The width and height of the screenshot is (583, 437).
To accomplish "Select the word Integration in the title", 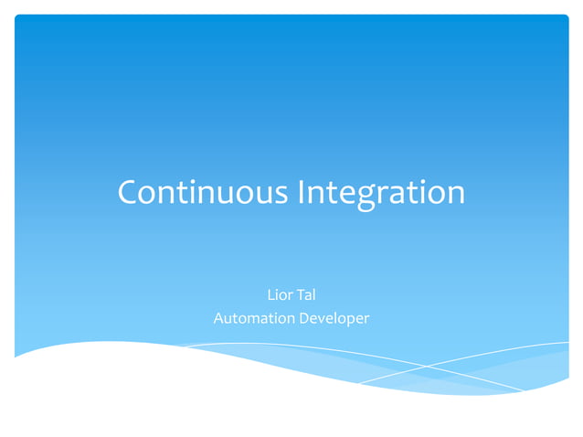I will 381,193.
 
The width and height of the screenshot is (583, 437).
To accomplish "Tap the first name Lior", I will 279,294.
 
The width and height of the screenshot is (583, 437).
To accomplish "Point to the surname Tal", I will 306,294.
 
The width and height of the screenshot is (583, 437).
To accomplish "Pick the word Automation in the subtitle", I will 254,318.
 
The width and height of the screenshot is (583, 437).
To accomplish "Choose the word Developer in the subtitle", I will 334,318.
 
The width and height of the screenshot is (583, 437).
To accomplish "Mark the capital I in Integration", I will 302,193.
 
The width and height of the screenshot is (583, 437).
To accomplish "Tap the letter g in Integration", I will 366,197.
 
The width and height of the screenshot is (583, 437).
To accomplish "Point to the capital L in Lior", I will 270,294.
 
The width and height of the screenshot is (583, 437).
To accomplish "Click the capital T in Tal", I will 300,294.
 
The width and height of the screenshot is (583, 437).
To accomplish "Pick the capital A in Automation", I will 218,318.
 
